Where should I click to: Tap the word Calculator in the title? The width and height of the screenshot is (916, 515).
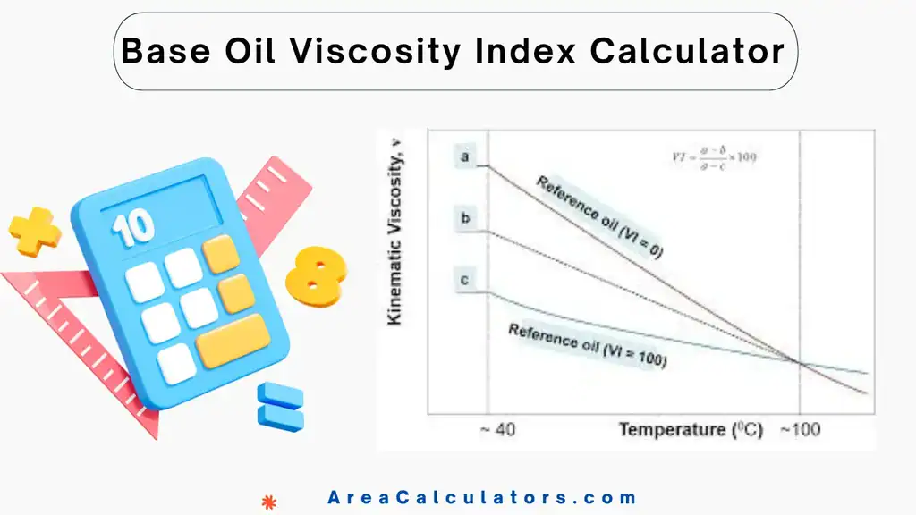(687, 52)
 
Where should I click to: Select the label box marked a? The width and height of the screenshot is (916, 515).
(465, 157)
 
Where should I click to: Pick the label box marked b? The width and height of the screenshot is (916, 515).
(465, 218)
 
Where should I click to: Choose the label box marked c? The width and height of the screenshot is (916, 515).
(465, 281)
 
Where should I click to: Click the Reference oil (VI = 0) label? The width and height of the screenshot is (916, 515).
(600, 217)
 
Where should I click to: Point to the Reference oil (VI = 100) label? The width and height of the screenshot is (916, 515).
(588, 346)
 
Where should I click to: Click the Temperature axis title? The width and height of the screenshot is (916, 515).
(691, 430)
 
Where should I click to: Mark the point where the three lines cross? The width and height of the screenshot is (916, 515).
(798, 361)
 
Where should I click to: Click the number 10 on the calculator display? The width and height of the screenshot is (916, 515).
(132, 227)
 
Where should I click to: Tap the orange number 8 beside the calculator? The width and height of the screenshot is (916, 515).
(316, 273)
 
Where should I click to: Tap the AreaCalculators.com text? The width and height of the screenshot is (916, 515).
(482, 498)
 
